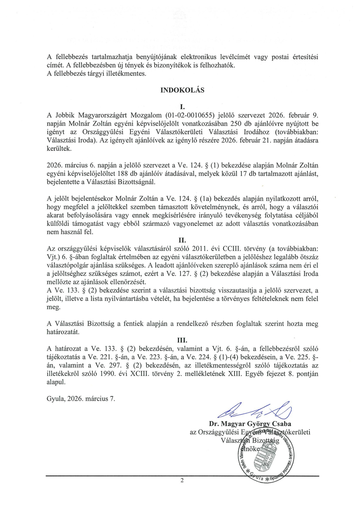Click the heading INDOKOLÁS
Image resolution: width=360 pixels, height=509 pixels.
(182, 90)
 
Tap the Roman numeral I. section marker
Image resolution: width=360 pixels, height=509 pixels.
(183, 107)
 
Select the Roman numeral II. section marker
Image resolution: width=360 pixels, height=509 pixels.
(183, 240)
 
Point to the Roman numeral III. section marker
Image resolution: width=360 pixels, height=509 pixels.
(182, 340)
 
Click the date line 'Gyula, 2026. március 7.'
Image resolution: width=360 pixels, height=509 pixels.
(81, 398)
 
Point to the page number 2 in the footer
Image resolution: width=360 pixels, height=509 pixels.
(182, 481)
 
